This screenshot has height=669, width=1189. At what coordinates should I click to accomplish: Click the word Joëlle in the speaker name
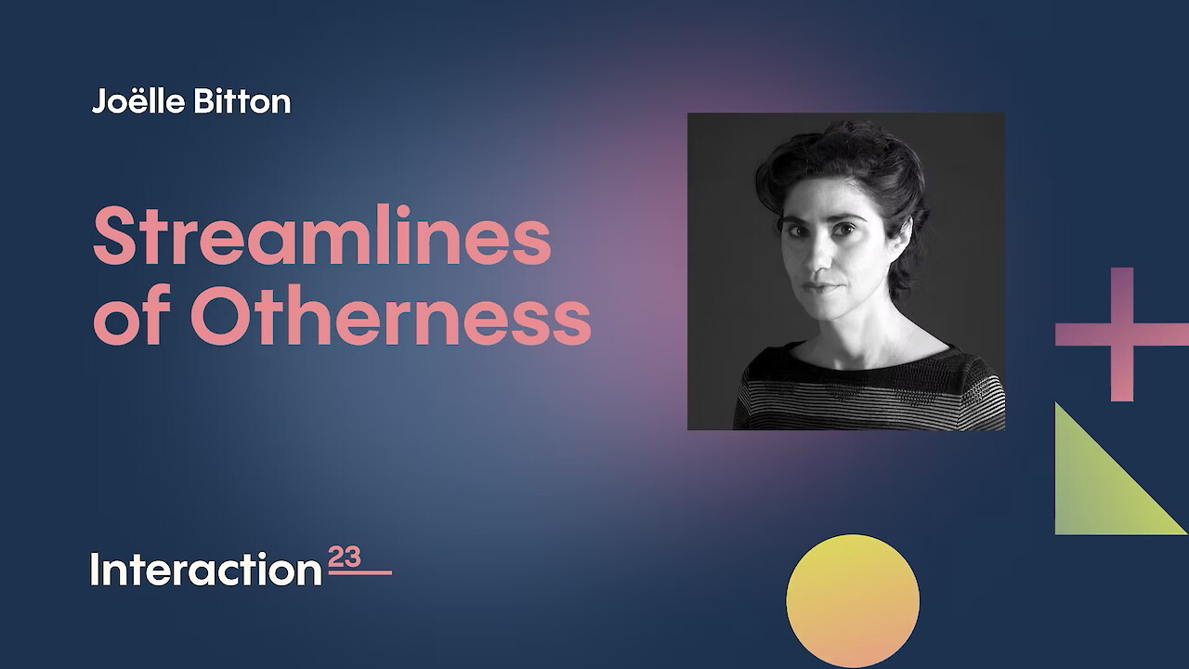pos(138,101)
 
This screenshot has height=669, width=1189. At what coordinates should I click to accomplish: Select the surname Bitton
pos(242,101)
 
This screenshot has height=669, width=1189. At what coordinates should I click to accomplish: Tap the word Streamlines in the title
pos(322,235)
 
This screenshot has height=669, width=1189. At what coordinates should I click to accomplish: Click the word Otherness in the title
pos(391,315)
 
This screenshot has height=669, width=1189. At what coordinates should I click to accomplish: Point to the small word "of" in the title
pos(132,315)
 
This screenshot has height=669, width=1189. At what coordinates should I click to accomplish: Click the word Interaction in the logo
pos(206,570)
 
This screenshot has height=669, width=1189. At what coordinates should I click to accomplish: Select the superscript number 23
pos(345,557)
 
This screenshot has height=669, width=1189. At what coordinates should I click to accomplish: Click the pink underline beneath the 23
pos(360,572)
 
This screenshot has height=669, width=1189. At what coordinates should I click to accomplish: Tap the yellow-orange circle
pos(853,600)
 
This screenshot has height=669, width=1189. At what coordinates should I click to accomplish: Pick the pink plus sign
pos(1122,334)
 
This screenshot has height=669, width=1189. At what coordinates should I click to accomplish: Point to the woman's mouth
pos(823,287)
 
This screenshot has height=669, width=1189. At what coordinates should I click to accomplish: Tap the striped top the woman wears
pos(870,387)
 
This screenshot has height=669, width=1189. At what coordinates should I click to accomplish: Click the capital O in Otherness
pos(220,315)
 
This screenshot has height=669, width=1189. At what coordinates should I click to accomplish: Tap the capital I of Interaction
pos(95,570)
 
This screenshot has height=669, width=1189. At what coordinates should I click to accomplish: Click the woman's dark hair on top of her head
pos(844,154)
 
